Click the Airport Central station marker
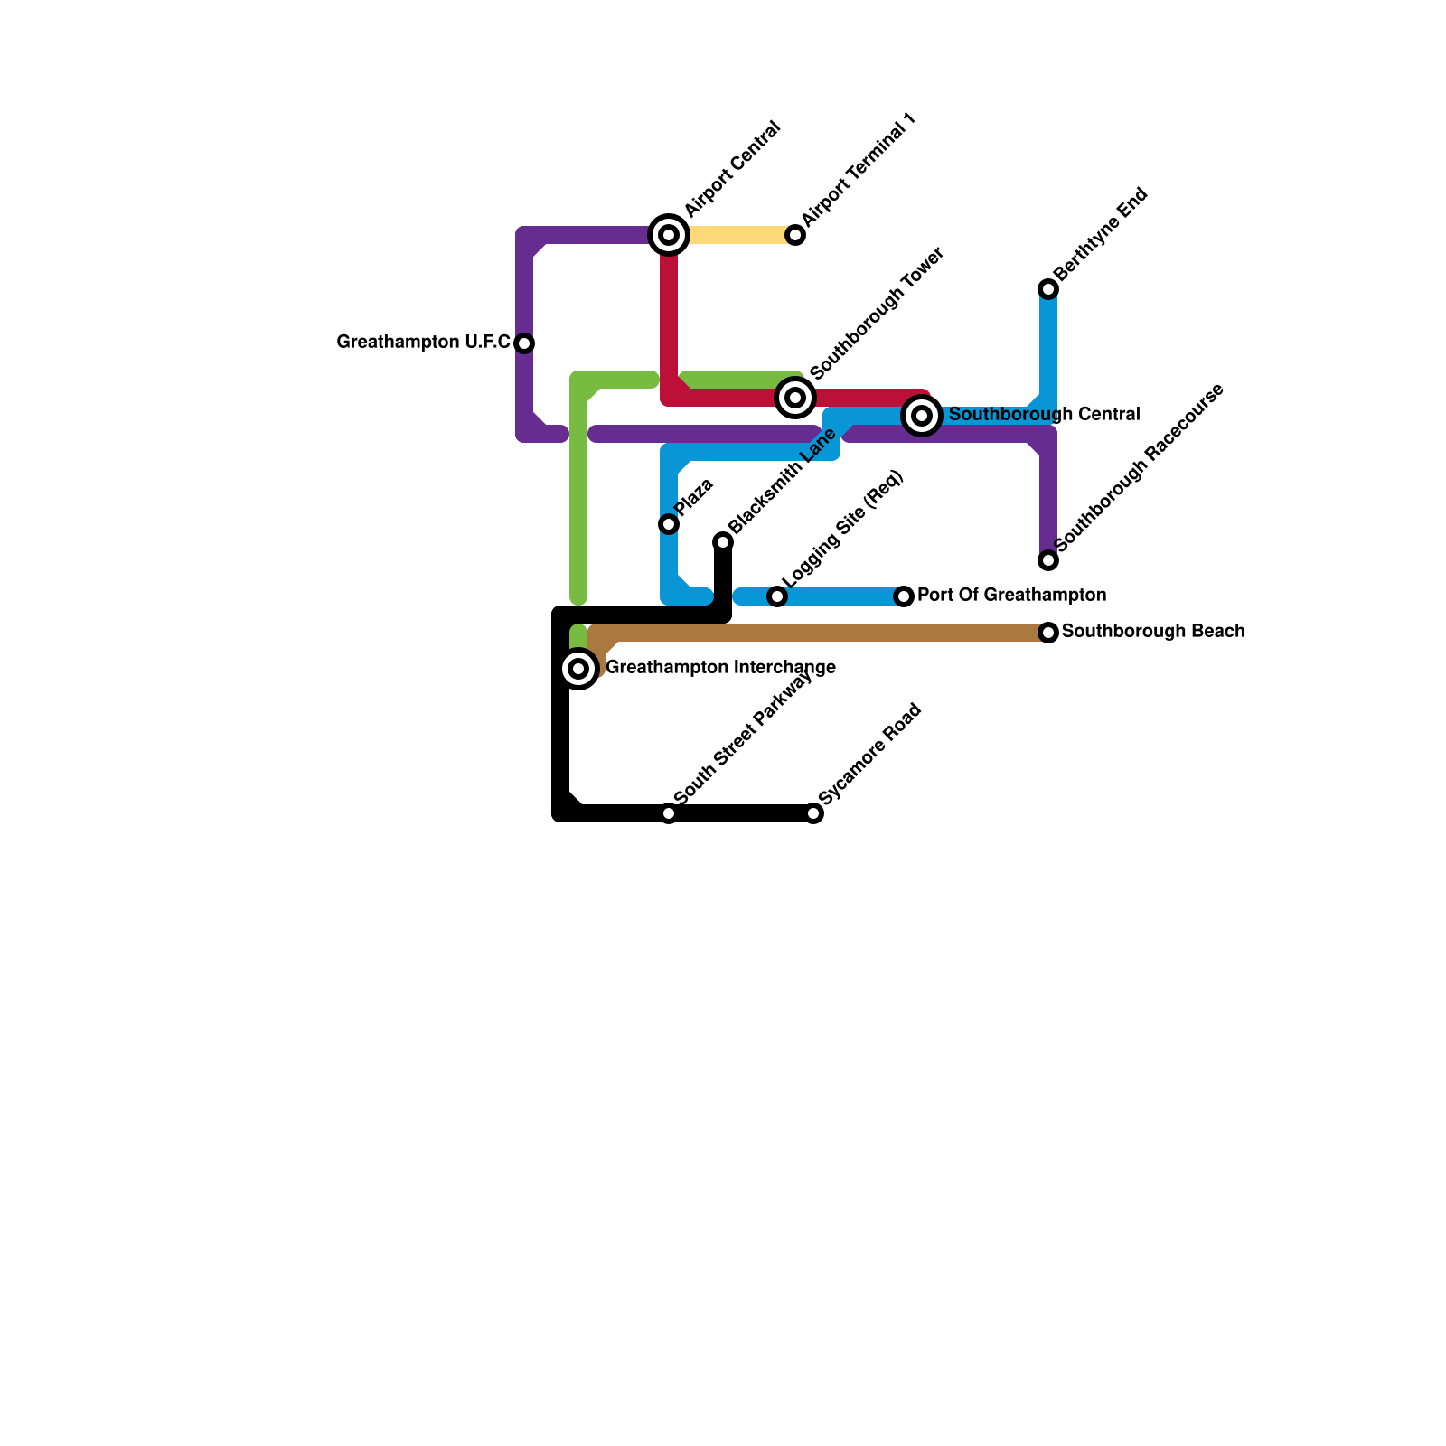pos(669,235)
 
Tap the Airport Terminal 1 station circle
pos(795,235)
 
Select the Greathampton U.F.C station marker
pos(524,343)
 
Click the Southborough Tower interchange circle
pos(795,398)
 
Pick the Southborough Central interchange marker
pos(922,416)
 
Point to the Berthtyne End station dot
pos(1048,289)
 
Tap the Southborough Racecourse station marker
pos(1048,560)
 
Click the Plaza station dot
pos(669,524)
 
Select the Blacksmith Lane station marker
pos(723,542)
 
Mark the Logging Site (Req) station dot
pos(777,596)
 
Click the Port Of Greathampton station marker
pos(904,596)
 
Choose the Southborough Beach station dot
pos(1048,633)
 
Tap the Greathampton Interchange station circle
pos(578,669)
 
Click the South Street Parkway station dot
pos(669,813)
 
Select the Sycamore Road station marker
pos(813,813)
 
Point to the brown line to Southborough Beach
pos(813,633)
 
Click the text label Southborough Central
pos(1044,415)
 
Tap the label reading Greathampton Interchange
pos(720,668)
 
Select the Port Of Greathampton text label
pos(1011,596)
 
